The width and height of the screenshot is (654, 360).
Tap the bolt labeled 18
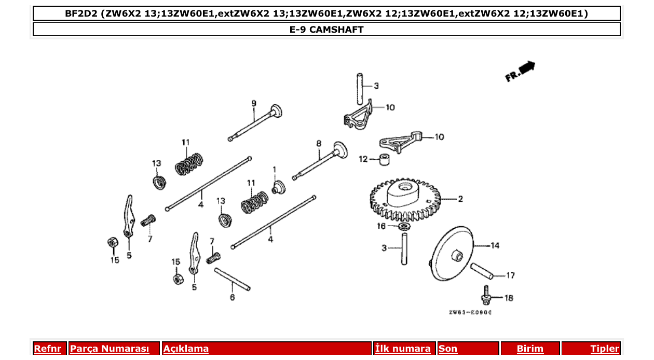[x=486, y=295]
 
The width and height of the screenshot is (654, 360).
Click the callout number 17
[x=510, y=275]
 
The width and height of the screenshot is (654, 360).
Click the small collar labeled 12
[x=385, y=159]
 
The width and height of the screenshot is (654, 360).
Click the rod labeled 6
[x=232, y=279]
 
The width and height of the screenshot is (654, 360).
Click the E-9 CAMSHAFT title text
[x=326, y=30]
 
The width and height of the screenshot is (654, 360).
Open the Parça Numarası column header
[x=110, y=349]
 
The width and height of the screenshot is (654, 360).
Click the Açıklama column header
[x=186, y=349]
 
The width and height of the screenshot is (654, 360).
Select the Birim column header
[x=529, y=349]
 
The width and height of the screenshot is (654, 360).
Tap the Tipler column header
[x=604, y=349]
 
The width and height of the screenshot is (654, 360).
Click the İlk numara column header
[x=403, y=349]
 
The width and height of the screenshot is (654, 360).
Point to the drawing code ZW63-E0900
[x=470, y=313]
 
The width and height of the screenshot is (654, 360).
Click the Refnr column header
[x=48, y=349]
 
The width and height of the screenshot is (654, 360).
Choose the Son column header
[x=448, y=349]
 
